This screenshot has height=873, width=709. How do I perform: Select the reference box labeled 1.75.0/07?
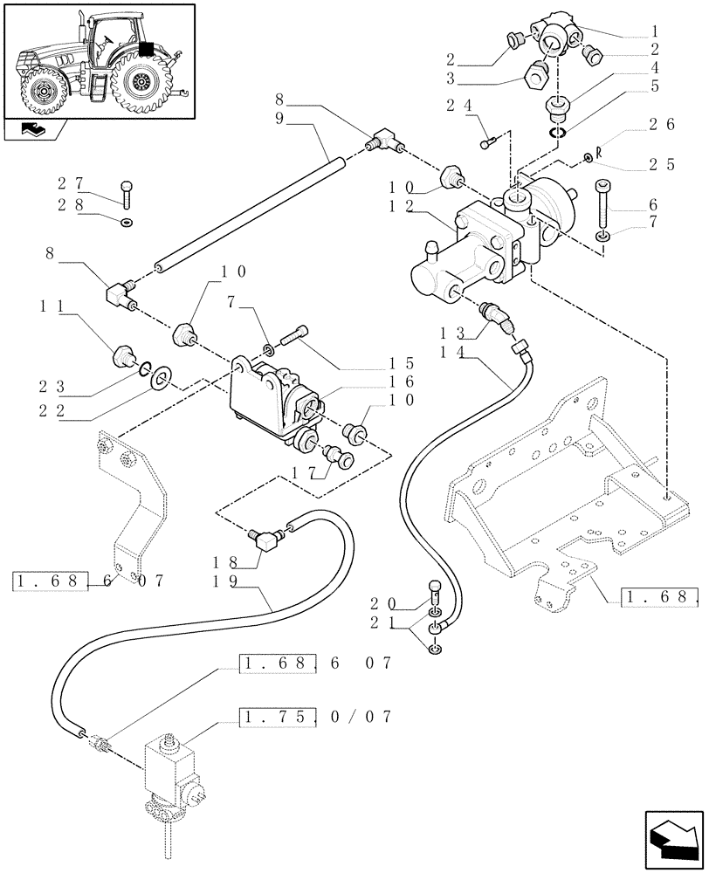click(314, 717)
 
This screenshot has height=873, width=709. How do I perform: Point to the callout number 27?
click(69, 183)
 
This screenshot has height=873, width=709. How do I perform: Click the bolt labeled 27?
click(128, 191)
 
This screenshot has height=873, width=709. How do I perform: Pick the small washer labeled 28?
click(128, 222)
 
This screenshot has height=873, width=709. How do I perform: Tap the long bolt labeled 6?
click(602, 205)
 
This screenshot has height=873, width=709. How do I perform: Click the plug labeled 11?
click(122, 356)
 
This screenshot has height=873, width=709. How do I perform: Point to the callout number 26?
click(664, 124)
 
